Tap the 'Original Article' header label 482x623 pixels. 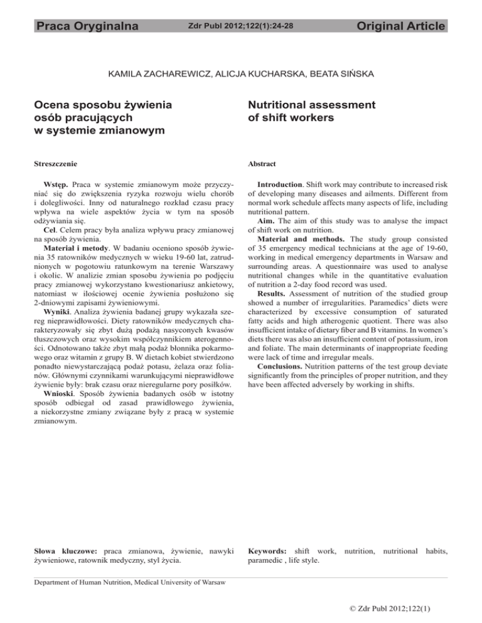400,26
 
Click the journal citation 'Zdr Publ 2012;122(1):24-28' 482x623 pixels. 241,26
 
